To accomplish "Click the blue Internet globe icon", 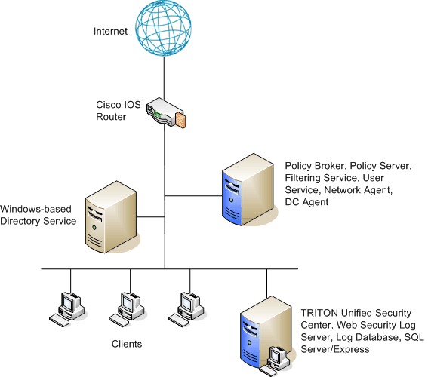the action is point(163,28).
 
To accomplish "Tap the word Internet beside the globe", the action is point(110,32).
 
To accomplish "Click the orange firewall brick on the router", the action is point(180,120).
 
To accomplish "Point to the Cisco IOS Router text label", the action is point(119,111).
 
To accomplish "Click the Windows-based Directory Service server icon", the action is point(111,217).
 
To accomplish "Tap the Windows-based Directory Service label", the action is point(38,215).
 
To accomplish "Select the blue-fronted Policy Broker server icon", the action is point(248,190).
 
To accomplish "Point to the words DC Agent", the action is point(306,202).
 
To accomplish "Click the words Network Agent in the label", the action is point(358,190).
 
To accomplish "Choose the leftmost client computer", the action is point(67,309).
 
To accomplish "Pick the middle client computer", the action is point(127,309).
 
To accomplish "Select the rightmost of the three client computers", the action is point(186,309).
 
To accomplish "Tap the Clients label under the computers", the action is point(127,344).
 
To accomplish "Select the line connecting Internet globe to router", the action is point(164,78).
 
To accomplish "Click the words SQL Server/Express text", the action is point(362,343).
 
